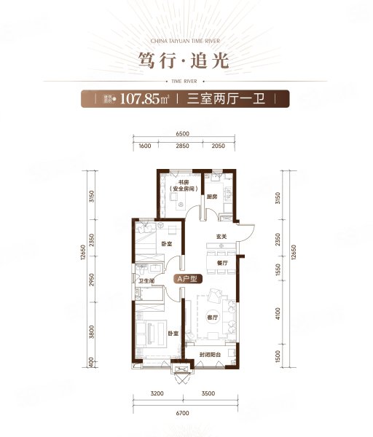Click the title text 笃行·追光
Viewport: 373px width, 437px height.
coord(186,58)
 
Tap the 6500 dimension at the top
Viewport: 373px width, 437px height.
coord(182,133)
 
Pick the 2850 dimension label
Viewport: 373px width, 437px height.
coord(182,147)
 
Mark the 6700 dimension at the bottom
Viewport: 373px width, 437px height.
coord(183,415)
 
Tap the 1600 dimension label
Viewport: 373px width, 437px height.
coord(144,147)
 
